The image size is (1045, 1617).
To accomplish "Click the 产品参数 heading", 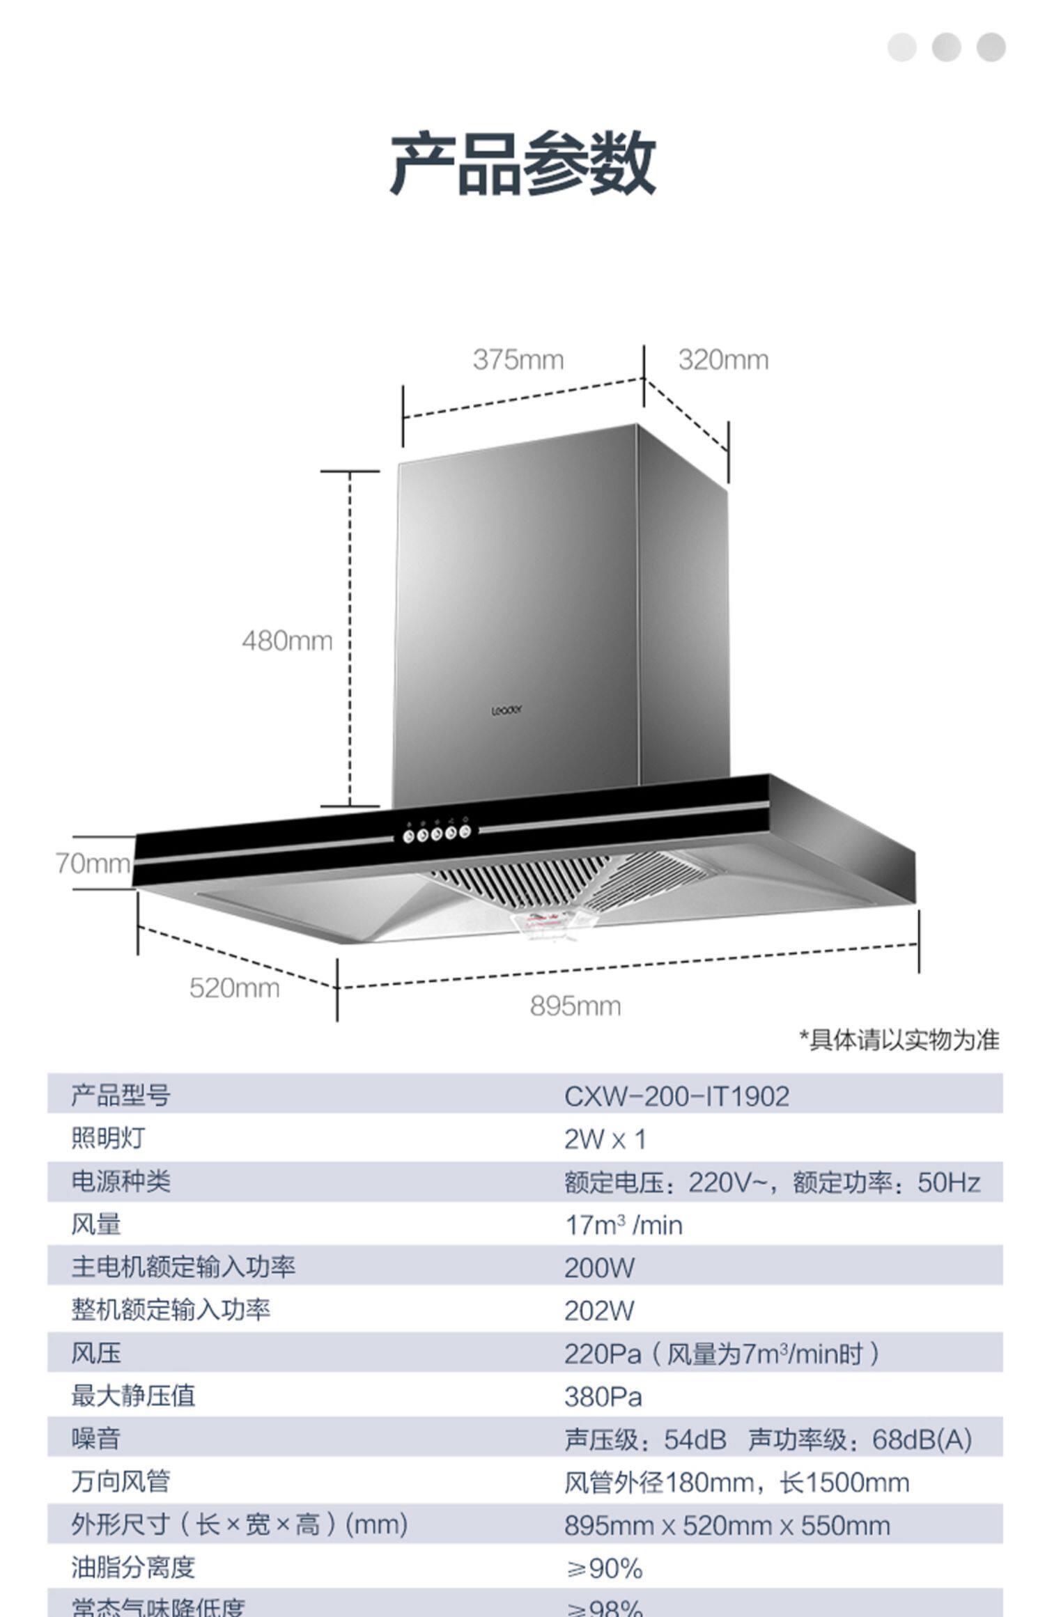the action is [522, 164].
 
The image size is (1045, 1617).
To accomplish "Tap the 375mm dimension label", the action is [518, 360].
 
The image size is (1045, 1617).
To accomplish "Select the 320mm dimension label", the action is [723, 360].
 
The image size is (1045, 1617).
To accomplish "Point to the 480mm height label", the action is [287, 641].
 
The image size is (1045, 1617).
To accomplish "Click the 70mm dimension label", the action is [93, 864].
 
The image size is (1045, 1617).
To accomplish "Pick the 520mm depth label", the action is [234, 988].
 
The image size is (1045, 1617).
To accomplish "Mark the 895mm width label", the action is [575, 1006].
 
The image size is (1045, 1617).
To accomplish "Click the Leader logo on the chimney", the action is [506, 710].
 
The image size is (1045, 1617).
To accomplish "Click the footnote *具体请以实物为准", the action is [899, 1040].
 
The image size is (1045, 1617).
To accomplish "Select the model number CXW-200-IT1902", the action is [676, 1097].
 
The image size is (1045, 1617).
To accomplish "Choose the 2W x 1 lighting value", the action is [605, 1140].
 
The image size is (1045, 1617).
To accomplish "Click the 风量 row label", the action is [96, 1224].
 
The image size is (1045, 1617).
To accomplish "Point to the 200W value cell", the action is [599, 1268].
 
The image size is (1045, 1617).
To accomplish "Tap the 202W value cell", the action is [599, 1311].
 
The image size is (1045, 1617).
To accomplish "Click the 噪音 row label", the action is [96, 1439].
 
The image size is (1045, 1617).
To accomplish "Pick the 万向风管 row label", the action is [121, 1482].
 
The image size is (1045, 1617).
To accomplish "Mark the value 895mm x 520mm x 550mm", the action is [727, 1525].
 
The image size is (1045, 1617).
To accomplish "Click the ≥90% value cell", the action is [603, 1568].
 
